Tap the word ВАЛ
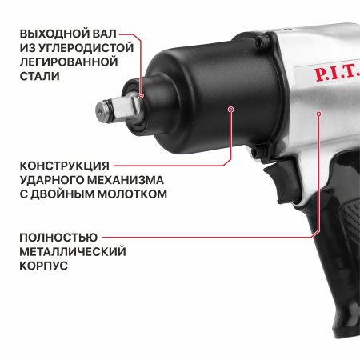pos(105,34)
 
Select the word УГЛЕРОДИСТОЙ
pos(86,48)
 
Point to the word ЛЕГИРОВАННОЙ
pos(69,62)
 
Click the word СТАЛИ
pos(40,76)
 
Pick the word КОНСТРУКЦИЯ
pos(65,166)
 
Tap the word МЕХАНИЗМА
pos(126,180)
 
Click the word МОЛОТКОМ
pos(132,194)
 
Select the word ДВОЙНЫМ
pos(62,194)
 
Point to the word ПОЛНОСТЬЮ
pos(58,238)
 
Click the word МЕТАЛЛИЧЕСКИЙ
pos(73,251)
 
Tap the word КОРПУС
pos(44,266)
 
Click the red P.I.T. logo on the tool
pos(336,74)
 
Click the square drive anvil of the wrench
pos(126,109)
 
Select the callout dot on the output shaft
pos(141,95)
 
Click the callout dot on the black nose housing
pos(231,110)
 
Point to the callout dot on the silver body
pos(318,114)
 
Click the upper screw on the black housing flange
pos(259,41)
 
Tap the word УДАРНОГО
pos(52,180)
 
